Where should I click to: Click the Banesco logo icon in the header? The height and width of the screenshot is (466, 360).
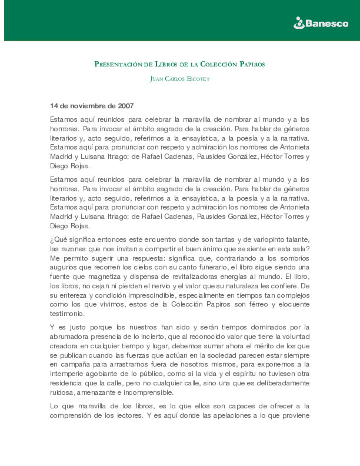[x=299, y=23]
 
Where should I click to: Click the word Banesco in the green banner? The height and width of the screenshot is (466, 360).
[x=327, y=23]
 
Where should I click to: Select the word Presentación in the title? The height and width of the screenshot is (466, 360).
[x=118, y=64]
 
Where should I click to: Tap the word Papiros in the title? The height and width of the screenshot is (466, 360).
[x=252, y=64]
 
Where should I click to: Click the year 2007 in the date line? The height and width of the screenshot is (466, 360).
[x=126, y=106]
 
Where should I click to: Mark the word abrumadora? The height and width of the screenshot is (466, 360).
[x=69, y=337]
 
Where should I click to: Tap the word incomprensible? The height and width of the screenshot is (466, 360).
[x=148, y=392]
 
